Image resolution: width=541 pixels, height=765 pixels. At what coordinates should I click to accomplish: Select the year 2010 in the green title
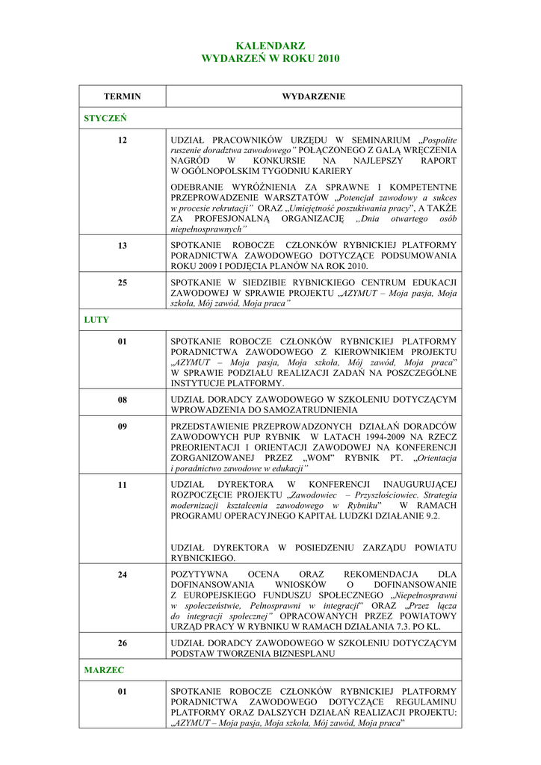327,58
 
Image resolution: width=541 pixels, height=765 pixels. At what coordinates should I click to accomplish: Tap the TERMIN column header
122,96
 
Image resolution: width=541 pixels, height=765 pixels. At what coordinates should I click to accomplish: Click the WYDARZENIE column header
313,96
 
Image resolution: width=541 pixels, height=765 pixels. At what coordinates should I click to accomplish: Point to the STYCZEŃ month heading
105,118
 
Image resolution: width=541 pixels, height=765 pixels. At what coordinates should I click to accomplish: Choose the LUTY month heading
96,320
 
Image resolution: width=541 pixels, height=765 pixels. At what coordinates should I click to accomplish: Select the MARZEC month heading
104,670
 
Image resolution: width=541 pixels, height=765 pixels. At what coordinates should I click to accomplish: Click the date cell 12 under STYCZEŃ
122,140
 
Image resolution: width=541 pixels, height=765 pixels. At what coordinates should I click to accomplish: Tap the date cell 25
122,282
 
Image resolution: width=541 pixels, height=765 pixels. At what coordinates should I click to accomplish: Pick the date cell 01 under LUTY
122,341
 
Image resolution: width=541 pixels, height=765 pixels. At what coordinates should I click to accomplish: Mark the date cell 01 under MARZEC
122,692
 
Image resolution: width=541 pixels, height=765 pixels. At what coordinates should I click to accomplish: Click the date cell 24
122,574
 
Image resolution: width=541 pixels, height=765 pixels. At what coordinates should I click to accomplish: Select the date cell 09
122,426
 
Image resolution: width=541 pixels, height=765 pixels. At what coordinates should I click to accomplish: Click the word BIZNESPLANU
297,653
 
